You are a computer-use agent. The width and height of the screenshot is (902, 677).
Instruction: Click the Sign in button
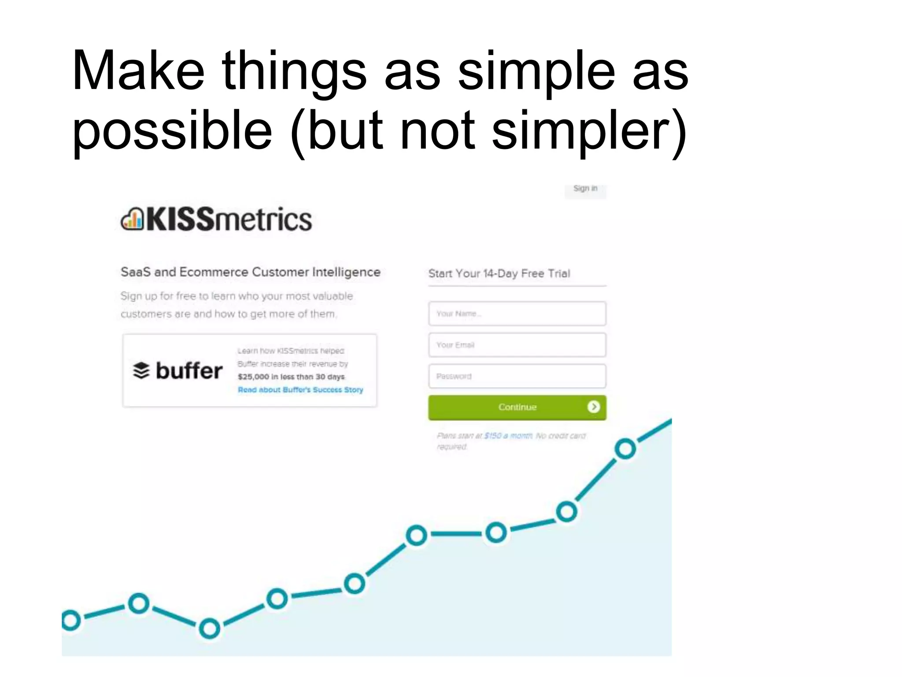click(585, 189)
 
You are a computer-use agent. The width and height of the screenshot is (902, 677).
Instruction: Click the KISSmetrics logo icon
click(132, 219)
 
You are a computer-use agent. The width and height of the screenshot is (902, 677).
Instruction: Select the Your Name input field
click(517, 314)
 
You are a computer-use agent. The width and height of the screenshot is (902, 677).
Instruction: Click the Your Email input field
click(517, 345)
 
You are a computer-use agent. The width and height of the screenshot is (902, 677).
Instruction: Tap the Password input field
click(517, 376)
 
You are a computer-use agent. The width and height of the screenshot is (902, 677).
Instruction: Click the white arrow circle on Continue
click(593, 407)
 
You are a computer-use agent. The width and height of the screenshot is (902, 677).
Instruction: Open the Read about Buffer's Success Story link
click(300, 390)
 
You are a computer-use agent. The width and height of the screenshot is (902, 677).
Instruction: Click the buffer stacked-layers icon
click(141, 371)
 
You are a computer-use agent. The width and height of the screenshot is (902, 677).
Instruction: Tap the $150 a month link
click(508, 436)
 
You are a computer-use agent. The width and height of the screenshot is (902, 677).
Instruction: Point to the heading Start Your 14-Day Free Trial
click(499, 274)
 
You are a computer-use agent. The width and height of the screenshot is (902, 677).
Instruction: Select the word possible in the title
click(172, 130)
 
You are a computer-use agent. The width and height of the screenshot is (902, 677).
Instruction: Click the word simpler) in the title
click(589, 130)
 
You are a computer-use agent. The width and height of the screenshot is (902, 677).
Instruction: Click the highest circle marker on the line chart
click(625, 449)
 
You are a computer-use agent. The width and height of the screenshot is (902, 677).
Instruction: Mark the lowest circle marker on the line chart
click(209, 629)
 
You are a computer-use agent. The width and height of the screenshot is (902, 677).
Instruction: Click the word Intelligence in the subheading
click(346, 272)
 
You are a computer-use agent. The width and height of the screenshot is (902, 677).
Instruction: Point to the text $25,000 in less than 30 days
click(291, 377)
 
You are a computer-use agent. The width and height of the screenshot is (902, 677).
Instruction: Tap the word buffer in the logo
click(189, 371)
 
